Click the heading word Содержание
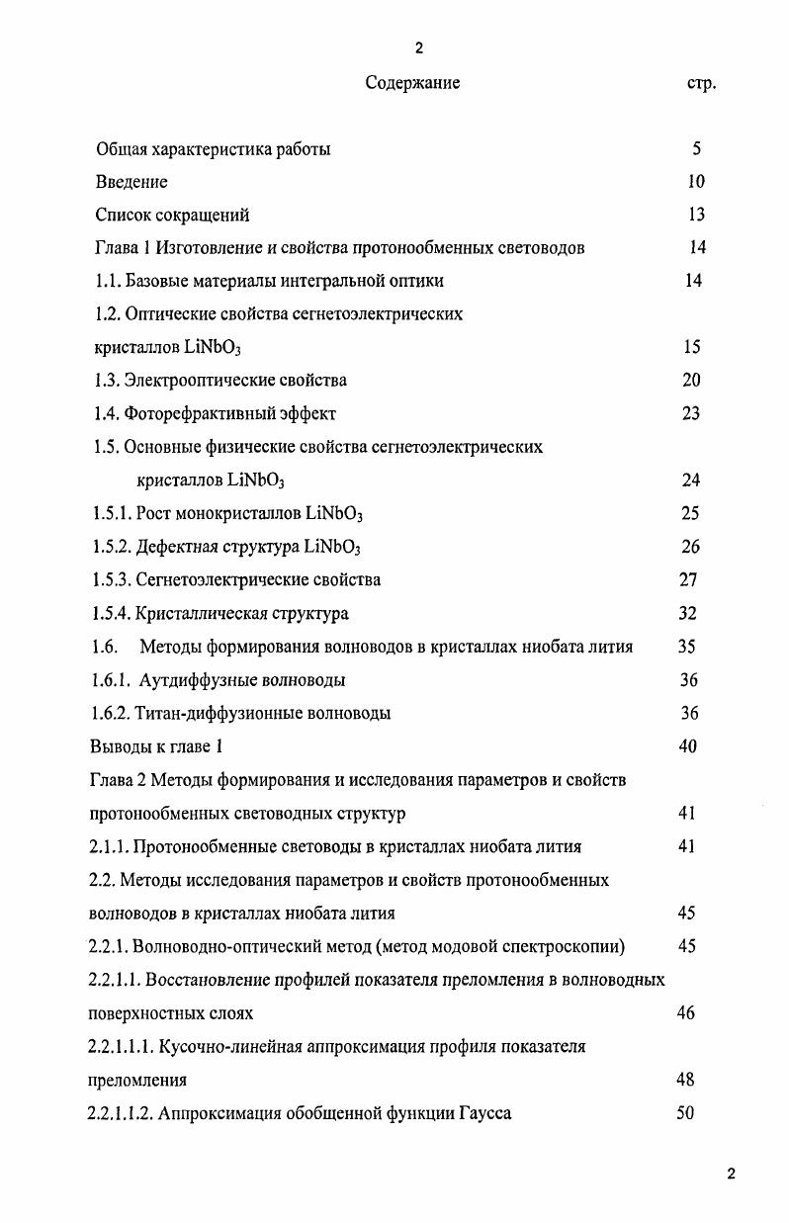[412, 83]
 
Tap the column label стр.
[700, 84]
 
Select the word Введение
[131, 182]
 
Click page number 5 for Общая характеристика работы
[697, 149]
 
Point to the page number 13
[696, 215]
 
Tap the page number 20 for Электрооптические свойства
[691, 381]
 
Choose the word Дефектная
[179, 547]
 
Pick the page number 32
[688, 614]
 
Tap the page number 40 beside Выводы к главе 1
[688, 746]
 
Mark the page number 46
[686, 1012]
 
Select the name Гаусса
[485, 1113]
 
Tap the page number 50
[685, 1113]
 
